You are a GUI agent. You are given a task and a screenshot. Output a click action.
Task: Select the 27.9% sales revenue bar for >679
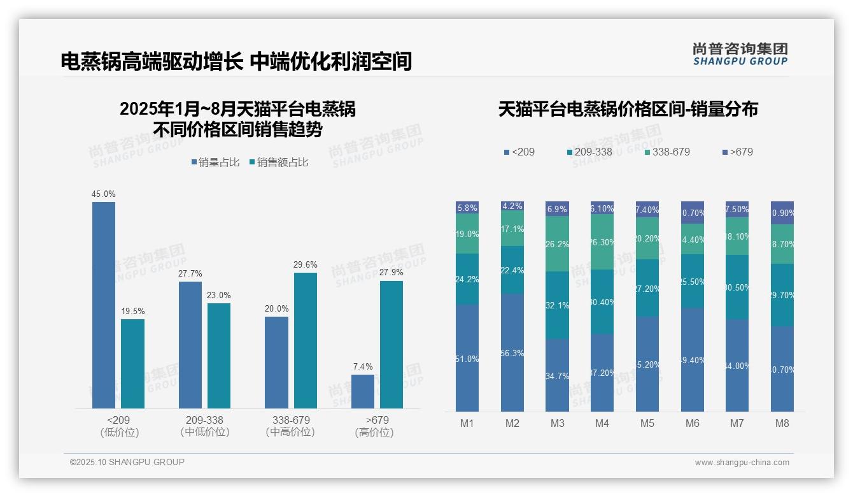[x=391, y=344]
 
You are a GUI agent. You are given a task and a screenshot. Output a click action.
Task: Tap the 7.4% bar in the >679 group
[x=363, y=391]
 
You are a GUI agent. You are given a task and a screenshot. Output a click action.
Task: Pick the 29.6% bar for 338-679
[x=306, y=340]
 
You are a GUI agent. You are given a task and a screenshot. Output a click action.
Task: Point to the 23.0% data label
[x=219, y=296]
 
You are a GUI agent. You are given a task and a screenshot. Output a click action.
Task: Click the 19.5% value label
[x=132, y=312]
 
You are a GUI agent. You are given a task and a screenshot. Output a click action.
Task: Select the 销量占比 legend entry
[x=215, y=162]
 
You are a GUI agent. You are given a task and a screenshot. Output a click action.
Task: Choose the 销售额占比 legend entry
[x=279, y=162]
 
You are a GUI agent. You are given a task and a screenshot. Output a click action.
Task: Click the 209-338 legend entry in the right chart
[x=589, y=152]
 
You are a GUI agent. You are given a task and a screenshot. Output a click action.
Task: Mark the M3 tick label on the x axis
[x=557, y=423]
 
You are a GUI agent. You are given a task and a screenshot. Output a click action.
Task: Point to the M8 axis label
[x=782, y=423]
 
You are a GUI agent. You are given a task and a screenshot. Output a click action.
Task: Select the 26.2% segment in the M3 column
[x=557, y=244]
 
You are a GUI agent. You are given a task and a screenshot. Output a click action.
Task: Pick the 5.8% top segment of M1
[x=467, y=208]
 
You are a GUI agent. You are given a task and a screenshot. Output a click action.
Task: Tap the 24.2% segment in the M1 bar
[x=467, y=279]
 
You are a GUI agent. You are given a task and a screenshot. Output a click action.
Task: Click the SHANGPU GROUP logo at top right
[x=740, y=54]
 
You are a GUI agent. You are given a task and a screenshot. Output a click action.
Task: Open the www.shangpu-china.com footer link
[x=742, y=463]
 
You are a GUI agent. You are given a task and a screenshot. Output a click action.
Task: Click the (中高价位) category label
[x=291, y=432]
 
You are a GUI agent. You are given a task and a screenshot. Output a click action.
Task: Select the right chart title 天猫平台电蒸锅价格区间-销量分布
[x=628, y=110]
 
